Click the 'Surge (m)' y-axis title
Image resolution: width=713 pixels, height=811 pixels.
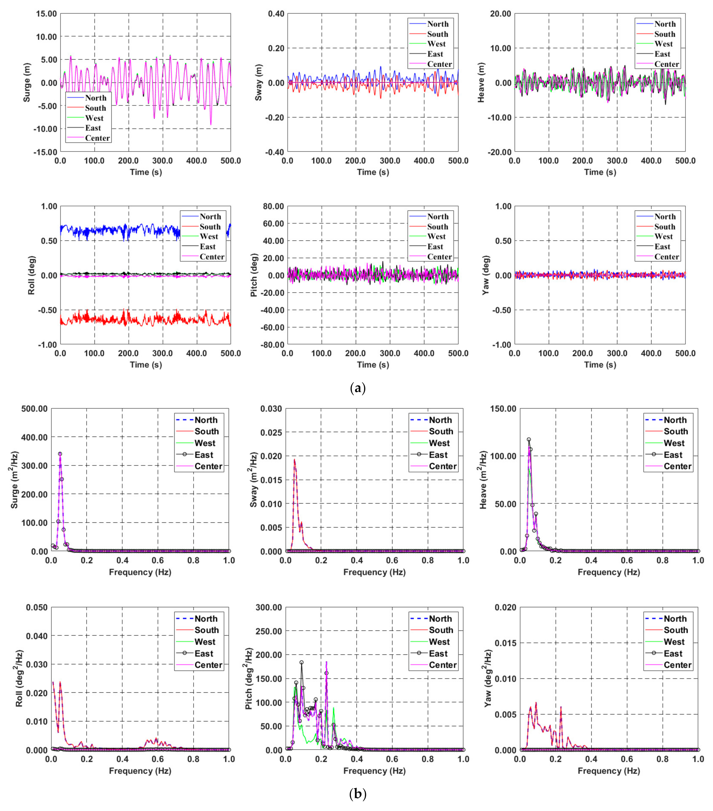tap(27, 83)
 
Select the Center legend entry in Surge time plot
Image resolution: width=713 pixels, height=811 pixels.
tap(97, 138)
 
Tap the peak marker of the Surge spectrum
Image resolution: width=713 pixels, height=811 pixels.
tap(60, 454)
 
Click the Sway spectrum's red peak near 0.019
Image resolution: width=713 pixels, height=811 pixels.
tap(294, 460)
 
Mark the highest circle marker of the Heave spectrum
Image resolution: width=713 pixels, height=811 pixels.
tap(528, 439)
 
